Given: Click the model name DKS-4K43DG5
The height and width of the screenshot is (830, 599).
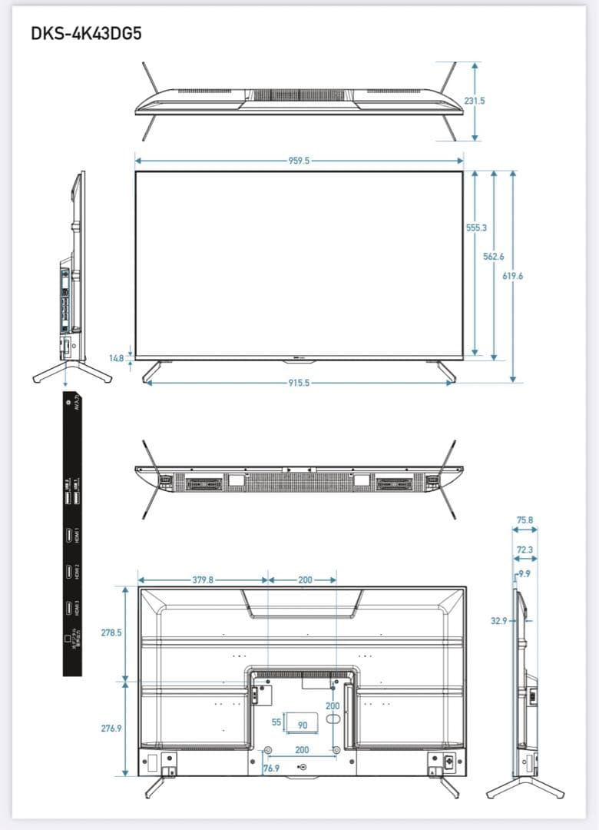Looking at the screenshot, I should tap(86, 34).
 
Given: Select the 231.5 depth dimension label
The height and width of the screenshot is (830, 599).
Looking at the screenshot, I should tap(475, 101).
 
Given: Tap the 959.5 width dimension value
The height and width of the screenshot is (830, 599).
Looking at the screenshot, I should tap(299, 161).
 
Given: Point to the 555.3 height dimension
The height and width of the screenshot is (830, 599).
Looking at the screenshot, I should tap(476, 228).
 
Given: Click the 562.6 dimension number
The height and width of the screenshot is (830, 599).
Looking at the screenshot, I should tap(494, 256).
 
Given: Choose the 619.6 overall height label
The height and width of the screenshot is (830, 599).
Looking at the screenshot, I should tap(512, 276).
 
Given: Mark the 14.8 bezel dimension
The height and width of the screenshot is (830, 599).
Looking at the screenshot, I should tap(117, 359).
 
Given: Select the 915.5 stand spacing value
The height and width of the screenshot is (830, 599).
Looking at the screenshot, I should tap(299, 383).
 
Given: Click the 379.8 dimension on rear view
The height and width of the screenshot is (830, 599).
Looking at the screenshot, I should tap(203, 580).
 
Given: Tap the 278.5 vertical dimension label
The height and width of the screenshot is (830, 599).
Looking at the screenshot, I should tap(112, 632).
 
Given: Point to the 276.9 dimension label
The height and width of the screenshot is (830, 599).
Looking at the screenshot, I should tap(112, 727).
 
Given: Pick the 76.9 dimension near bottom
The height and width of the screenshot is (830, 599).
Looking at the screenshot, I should tap(272, 768).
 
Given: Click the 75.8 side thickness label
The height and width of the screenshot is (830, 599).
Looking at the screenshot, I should tap(525, 520).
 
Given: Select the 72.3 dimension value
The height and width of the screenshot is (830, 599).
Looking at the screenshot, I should tap(525, 549).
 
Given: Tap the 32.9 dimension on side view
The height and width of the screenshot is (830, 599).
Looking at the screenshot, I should tap(499, 620).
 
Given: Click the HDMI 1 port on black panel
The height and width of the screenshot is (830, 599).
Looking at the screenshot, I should tap(68, 535).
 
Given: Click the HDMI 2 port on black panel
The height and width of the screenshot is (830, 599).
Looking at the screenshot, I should tap(68, 572).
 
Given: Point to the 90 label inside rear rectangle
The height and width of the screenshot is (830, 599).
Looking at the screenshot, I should tap(303, 725).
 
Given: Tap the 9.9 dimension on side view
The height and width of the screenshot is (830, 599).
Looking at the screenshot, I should tap(524, 574).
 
